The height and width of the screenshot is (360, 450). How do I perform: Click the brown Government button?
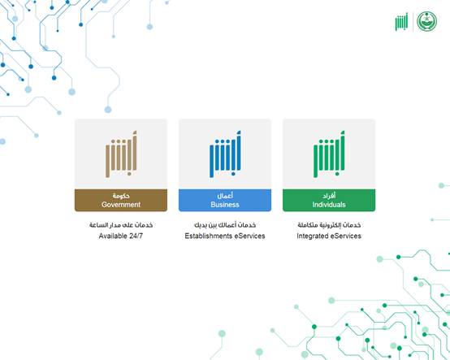(121, 200)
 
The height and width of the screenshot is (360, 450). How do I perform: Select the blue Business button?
(225, 200)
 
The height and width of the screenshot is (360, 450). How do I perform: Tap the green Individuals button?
(329, 200)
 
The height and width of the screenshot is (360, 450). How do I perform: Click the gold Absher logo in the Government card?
(121, 154)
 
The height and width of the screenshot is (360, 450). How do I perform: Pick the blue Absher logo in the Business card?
(225, 154)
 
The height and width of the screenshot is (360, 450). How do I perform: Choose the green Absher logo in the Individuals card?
(329, 154)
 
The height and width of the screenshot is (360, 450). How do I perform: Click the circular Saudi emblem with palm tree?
(426, 21)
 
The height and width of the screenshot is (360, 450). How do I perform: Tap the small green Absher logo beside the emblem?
(401, 21)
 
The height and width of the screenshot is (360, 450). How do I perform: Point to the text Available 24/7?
(121, 236)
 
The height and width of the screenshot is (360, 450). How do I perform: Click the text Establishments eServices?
(225, 236)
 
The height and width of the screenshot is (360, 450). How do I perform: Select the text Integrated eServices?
(329, 236)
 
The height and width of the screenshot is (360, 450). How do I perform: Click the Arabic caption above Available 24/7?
(121, 225)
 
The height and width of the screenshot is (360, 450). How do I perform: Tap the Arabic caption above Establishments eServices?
(225, 225)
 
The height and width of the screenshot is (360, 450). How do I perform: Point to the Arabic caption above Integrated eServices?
(329, 225)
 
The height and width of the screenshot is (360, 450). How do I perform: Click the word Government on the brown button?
(121, 205)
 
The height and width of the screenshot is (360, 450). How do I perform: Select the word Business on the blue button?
(225, 205)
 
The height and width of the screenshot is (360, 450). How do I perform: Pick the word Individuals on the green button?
(329, 205)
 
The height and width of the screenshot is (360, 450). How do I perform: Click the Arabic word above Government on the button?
(121, 196)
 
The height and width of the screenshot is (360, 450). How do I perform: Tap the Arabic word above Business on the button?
(225, 196)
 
